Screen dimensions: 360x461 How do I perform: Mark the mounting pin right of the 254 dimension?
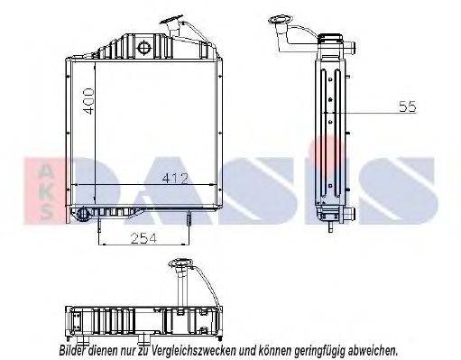(187, 221)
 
